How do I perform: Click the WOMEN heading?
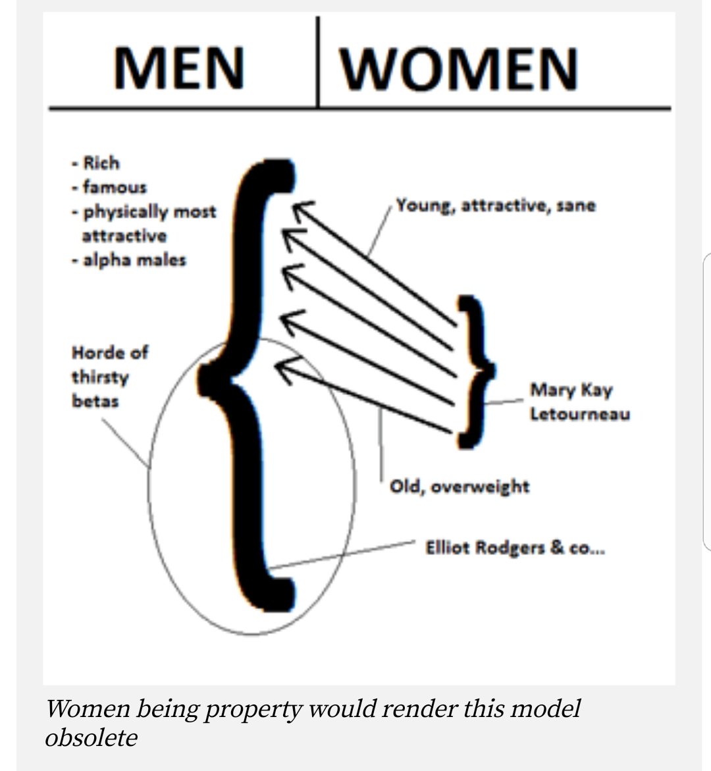(459, 68)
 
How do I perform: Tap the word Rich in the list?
(101, 163)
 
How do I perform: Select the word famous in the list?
(115, 188)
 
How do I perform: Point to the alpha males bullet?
(134, 260)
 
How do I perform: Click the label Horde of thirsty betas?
(109, 377)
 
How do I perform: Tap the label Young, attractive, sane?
(496, 205)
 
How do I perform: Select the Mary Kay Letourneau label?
(579, 402)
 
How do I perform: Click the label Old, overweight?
(460, 487)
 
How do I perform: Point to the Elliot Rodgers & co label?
(515, 548)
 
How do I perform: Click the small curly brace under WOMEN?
(476, 372)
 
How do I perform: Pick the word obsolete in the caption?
(91, 737)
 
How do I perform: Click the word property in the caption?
(255, 709)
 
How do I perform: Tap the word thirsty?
(100, 377)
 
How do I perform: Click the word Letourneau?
(579, 414)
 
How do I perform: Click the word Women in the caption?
(87, 709)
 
